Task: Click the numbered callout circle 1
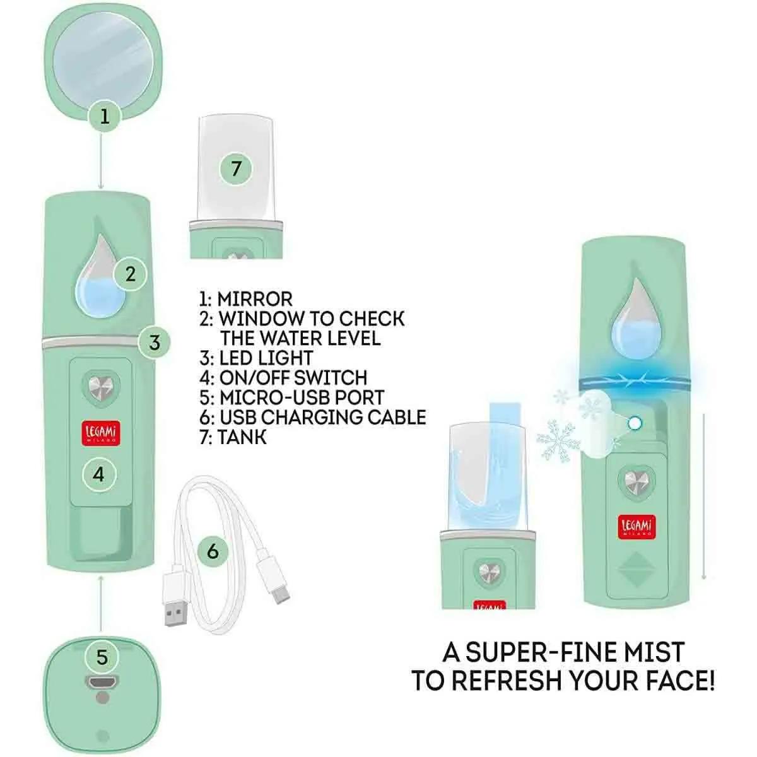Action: pyautogui.click(x=104, y=117)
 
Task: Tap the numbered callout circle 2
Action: pyautogui.click(x=131, y=274)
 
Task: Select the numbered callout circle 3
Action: pyautogui.click(x=155, y=342)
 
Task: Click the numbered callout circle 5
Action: pyautogui.click(x=102, y=657)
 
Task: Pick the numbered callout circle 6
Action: pyautogui.click(x=213, y=551)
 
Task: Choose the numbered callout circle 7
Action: pyautogui.click(x=236, y=168)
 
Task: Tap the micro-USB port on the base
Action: pyautogui.click(x=102, y=683)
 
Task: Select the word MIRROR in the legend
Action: pyautogui.click(x=255, y=300)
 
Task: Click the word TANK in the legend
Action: pyautogui.click(x=242, y=437)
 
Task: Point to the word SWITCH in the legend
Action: pyautogui.click(x=331, y=378)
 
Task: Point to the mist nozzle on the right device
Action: pyautogui.click(x=633, y=423)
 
